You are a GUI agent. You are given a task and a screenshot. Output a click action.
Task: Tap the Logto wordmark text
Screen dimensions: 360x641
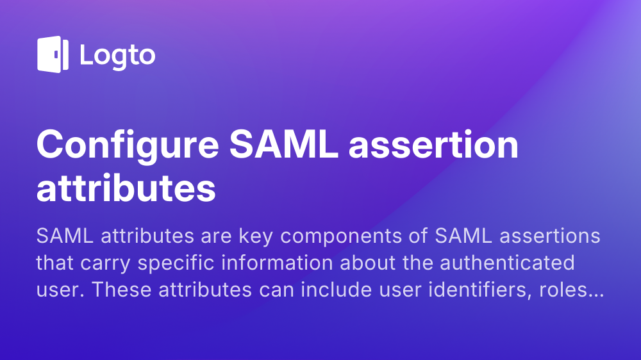(x=117, y=55)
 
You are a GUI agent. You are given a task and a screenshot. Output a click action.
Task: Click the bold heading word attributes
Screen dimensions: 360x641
(x=126, y=188)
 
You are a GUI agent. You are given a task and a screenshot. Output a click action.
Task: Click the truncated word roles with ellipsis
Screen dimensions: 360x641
(x=568, y=289)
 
